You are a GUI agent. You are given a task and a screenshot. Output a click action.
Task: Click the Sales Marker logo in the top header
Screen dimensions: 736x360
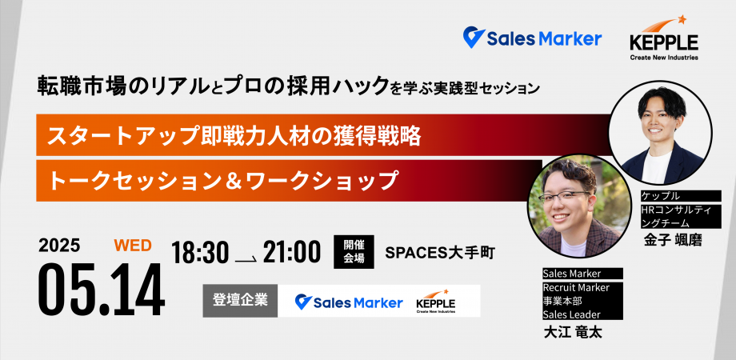pos(532,38)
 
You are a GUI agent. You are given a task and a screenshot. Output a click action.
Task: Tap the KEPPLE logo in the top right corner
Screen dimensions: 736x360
pos(664,38)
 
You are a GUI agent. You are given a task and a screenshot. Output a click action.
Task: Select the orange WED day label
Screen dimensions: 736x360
pos(133,246)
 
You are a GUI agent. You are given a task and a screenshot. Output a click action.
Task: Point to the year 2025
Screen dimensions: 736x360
pos(59,246)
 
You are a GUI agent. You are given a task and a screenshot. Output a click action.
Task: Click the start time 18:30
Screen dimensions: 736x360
pos(200,254)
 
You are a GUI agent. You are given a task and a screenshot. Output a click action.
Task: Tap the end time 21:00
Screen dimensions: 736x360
pos(292,253)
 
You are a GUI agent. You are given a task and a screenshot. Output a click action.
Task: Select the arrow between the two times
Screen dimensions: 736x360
pos(246,258)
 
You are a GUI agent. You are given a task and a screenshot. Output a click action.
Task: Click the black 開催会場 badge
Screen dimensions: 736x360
pos(354,251)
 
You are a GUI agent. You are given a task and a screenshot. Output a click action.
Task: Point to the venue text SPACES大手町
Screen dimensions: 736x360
pos(440,253)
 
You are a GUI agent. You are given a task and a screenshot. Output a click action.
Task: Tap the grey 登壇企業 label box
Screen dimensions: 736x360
pos(240,300)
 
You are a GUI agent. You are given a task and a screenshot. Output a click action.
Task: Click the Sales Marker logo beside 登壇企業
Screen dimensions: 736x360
pos(349,302)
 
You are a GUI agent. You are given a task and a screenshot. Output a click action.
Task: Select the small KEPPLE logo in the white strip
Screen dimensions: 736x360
pos(435,301)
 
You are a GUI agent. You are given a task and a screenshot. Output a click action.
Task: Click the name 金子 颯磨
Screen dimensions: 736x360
pos(673,240)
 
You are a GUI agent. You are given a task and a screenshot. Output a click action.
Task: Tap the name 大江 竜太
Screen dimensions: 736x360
pos(573,333)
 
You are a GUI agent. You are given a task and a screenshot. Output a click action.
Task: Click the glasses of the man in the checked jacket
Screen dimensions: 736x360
pos(564,196)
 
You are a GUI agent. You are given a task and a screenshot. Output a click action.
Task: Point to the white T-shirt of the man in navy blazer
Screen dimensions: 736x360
pos(657,167)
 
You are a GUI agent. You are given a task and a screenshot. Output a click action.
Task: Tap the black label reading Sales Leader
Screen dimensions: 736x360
pos(571,314)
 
